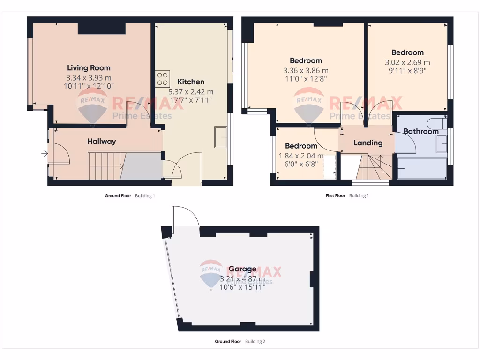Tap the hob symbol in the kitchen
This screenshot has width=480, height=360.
point(163,78)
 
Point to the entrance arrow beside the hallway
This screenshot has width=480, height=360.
point(45,153)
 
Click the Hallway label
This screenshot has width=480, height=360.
point(101,141)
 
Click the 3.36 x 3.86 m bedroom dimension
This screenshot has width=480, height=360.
point(306,71)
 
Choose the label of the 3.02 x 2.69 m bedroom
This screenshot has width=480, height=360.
point(407,52)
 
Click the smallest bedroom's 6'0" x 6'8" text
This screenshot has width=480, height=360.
point(298,164)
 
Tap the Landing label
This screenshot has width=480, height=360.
point(367,142)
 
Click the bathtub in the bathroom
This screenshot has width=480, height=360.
point(421,168)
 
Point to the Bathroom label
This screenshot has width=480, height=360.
point(420,131)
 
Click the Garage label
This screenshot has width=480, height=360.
point(242,269)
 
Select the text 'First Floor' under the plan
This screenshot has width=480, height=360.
point(335,195)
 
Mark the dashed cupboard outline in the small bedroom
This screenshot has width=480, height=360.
point(330,166)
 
